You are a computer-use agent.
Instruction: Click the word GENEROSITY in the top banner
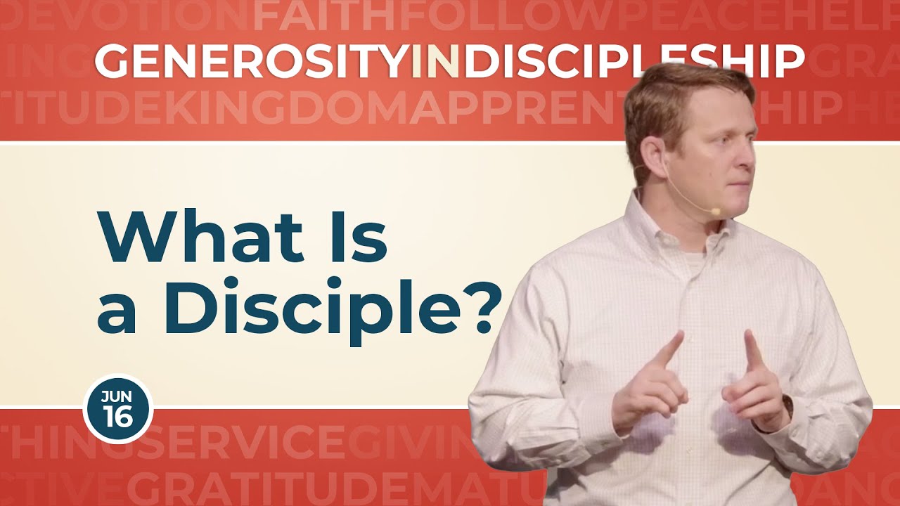click(x=252, y=62)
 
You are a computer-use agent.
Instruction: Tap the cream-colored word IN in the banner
click(x=437, y=62)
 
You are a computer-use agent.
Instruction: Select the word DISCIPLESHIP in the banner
click(x=633, y=62)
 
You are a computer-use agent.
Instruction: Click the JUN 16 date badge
click(x=117, y=408)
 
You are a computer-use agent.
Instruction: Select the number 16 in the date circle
click(x=117, y=417)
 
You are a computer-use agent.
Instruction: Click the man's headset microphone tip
click(x=714, y=210)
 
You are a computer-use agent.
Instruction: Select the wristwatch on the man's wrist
click(x=787, y=407)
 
